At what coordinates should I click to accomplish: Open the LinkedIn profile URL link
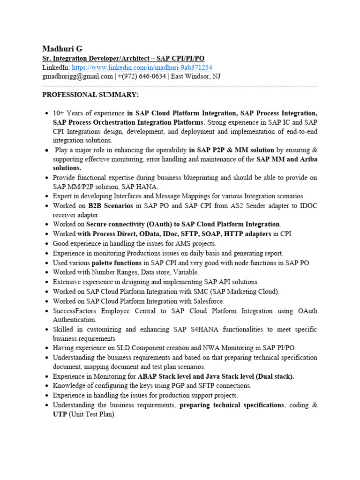[x=142, y=67]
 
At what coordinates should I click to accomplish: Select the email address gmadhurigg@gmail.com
[x=77, y=76]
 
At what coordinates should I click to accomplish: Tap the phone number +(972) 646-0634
[x=141, y=76]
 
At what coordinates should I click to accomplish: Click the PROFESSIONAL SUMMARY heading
[x=90, y=95]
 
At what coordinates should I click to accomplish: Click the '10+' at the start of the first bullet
[x=59, y=113]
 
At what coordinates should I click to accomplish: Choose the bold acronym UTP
[x=60, y=414]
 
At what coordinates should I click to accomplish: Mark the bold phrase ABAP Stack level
[x=165, y=376]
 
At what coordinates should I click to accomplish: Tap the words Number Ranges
[x=111, y=272]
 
